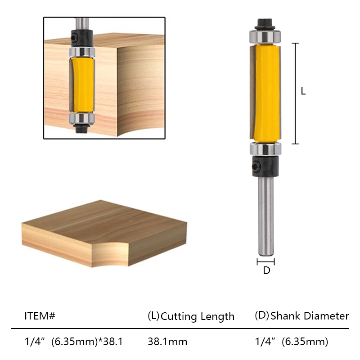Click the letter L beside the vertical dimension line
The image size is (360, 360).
(x=303, y=91)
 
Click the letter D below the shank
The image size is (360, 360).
(x=266, y=271)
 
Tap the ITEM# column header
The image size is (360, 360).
(x=40, y=316)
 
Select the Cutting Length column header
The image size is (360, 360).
(x=191, y=316)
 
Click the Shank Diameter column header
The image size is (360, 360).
(x=302, y=316)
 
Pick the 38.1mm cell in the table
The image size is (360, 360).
(x=167, y=342)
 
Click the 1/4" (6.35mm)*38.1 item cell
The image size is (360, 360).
(x=73, y=342)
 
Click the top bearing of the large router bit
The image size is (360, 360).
(x=265, y=35)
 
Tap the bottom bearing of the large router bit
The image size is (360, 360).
(x=265, y=149)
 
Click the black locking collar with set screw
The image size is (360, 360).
(x=265, y=165)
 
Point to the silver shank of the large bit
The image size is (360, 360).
(x=265, y=216)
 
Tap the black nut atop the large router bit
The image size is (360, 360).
(x=265, y=22)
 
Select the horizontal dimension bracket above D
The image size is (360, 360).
(x=265, y=261)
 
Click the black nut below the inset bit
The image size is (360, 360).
(x=81, y=128)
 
